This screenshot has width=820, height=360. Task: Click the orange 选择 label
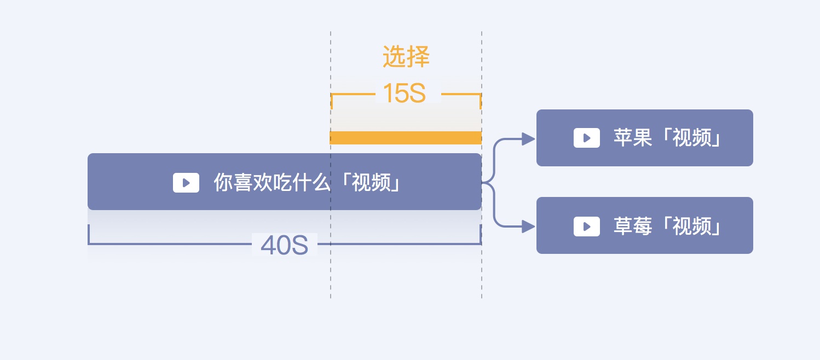tap(406, 57)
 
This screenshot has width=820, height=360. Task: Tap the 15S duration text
tap(404, 94)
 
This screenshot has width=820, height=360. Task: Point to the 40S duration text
tap(284, 246)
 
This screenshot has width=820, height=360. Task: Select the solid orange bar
tap(406, 137)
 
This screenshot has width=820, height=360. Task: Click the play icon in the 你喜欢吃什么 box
tap(186, 183)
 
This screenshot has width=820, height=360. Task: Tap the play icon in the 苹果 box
tap(586, 138)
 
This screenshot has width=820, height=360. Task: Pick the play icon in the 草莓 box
tap(586, 226)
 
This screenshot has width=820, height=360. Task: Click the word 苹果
tap(632, 138)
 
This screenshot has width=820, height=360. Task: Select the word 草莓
tap(632, 226)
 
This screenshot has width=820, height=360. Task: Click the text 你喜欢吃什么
tap(272, 183)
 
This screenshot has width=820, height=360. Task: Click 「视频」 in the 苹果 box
tap(691, 138)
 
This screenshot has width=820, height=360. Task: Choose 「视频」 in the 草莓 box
tap(691, 226)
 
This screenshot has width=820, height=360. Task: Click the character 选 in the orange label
tap(394, 57)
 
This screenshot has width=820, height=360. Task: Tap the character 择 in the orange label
tap(418, 57)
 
